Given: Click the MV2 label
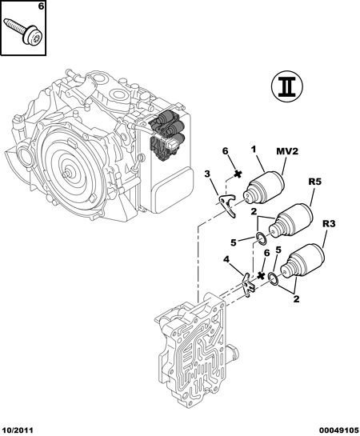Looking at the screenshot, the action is point(287,151).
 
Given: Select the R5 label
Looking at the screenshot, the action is point(315,182).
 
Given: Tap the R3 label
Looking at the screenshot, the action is point(329,223).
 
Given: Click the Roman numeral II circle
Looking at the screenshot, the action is point(287,86).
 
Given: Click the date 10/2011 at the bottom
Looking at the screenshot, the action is point(17,430).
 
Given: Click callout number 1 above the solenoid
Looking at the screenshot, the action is point(254,150).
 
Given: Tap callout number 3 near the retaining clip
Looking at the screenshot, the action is point(207,174).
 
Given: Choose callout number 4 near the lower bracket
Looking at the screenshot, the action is point(226,260).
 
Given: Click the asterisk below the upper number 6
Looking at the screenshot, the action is point(237,174).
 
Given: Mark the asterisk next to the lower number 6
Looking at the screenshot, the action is point(261,275).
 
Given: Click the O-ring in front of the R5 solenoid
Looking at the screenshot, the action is point(262,239).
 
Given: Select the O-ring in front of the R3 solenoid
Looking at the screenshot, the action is point(274,279).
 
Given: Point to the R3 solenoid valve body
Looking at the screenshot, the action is point(302,262).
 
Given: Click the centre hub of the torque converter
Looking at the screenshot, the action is point(66,174).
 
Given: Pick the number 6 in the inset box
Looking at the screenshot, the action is point(41,6).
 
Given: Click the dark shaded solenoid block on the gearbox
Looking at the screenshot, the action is point(166,135).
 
